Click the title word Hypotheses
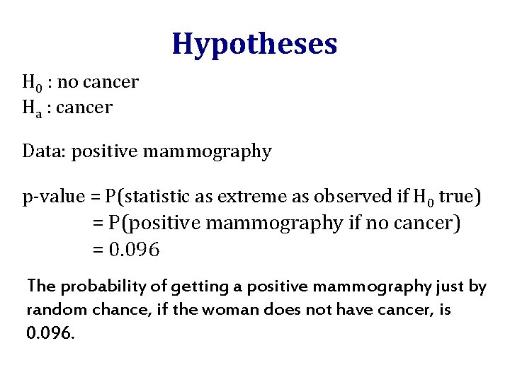pos(254,44)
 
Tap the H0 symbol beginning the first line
pos(30,83)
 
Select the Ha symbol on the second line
pos(31,108)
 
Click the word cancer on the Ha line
pos(84,108)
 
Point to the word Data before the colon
pos(39,151)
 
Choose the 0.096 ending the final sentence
pos(50,333)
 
